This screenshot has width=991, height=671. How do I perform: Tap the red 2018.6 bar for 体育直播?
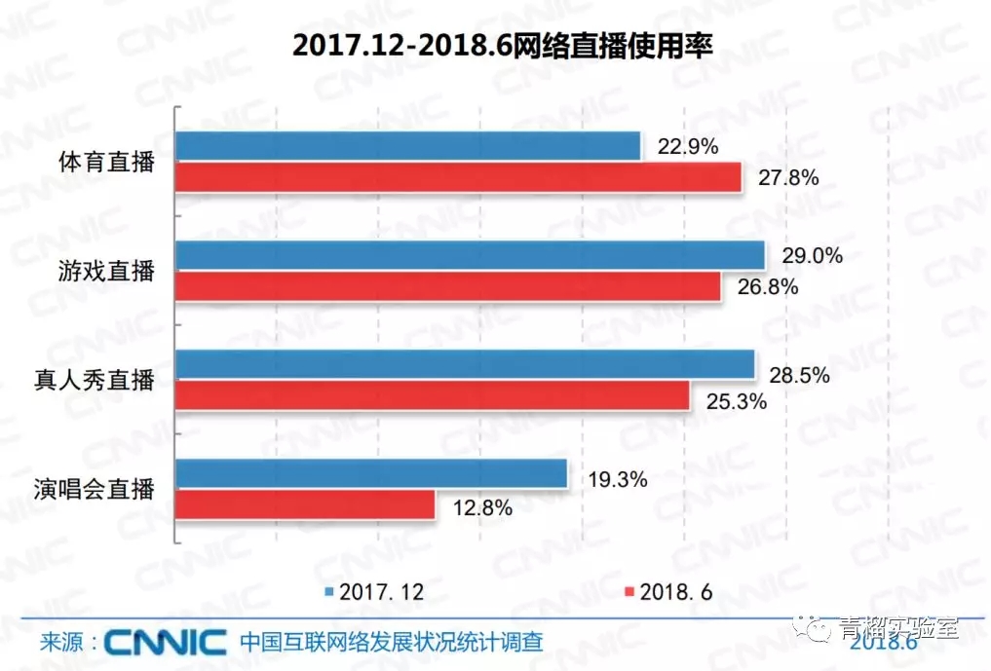tap(458, 177)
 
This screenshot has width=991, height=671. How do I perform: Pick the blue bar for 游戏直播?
tap(470, 255)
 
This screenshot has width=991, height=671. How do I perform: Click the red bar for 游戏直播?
tap(447, 286)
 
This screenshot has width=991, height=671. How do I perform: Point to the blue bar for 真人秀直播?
tap(465, 364)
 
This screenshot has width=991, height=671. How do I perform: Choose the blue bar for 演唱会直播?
tap(371, 474)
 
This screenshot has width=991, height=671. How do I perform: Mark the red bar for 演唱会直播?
tap(304, 504)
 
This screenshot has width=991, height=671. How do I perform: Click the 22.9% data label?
tap(687, 147)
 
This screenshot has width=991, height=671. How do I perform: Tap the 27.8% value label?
tap(787, 178)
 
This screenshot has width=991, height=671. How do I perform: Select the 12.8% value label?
tap(480, 506)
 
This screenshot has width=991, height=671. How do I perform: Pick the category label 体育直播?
tap(106, 162)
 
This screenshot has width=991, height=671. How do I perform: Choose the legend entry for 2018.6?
tap(667, 592)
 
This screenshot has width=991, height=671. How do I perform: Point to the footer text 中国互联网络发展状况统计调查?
tap(390, 643)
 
